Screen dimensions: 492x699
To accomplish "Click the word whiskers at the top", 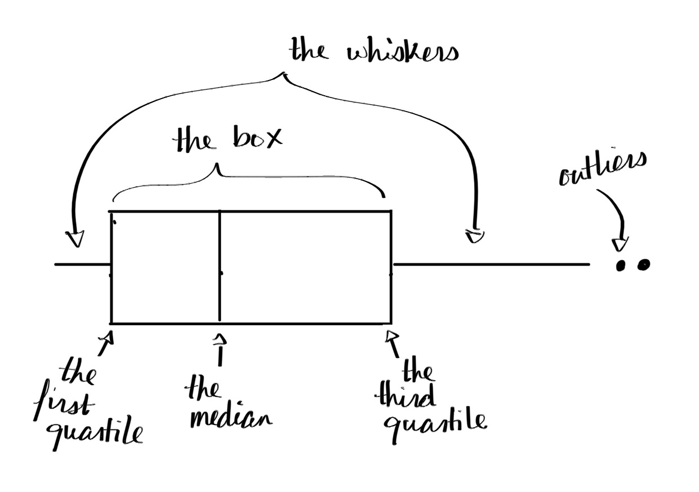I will coord(403,52).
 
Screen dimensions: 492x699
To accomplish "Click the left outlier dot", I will coord(622,265).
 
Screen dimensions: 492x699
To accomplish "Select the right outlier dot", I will coord(643,264).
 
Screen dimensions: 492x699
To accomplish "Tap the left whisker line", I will coord(82,264).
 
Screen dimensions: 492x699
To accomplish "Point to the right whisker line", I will coord(490,264).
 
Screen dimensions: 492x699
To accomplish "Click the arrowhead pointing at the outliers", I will coord(620,244).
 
